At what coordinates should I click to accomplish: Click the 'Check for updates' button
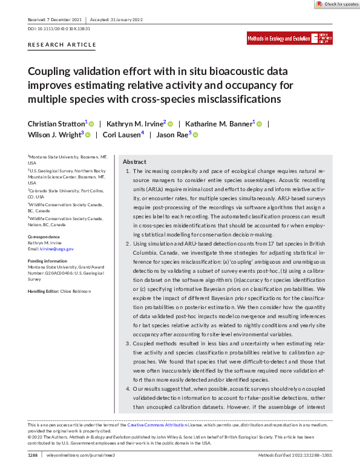tap(336, 4)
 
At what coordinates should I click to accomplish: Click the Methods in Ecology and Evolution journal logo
tap(290, 39)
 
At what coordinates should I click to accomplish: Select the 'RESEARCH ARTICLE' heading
tap(62, 45)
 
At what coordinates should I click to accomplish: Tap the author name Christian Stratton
tap(56, 123)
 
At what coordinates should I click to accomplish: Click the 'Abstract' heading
tap(134, 162)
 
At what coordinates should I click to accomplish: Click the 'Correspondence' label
tap(44, 236)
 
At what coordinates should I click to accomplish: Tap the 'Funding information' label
tap(48, 261)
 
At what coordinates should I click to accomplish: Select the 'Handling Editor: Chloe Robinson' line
tap(59, 292)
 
